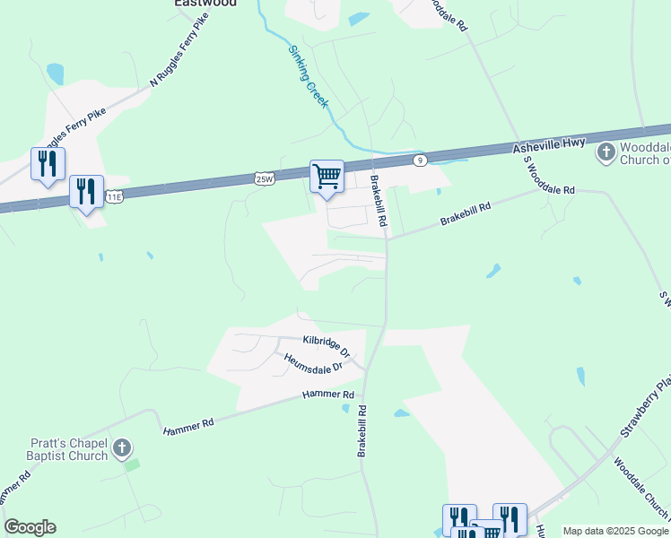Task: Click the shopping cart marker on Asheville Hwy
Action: coord(327,175)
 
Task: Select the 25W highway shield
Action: coord(263,179)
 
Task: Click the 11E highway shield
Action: coord(114,195)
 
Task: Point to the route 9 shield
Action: coord(420,160)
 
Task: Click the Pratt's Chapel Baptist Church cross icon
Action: coord(124,447)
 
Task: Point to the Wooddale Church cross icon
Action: coord(606,152)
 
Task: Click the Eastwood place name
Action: coord(205,4)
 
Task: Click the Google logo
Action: coord(30,527)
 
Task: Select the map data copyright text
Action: coord(615,531)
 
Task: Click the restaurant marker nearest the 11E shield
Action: coord(87,192)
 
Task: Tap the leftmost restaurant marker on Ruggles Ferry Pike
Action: coord(48,164)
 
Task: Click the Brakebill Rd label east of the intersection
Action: coord(466,213)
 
